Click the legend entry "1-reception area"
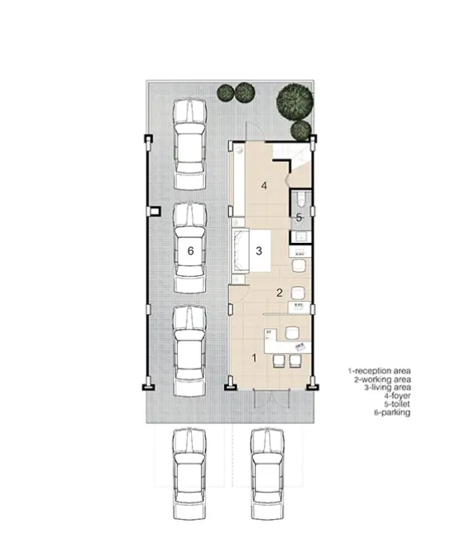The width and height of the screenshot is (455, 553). click(x=379, y=371)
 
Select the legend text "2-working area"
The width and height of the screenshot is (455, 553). click(x=382, y=379)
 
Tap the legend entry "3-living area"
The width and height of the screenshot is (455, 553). click(x=387, y=388)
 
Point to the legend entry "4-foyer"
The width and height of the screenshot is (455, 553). click(x=397, y=396)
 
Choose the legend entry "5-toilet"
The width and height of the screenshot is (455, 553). click(x=397, y=404)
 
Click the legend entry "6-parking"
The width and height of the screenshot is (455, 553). click(x=392, y=412)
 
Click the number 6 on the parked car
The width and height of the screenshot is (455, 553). click(x=190, y=251)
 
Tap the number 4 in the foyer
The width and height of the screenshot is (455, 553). click(x=264, y=185)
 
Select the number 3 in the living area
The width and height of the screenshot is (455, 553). click(x=259, y=251)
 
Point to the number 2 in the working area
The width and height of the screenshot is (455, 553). click(x=280, y=293)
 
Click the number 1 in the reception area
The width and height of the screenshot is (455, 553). click(x=254, y=358)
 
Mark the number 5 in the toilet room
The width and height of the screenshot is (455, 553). click(x=299, y=217)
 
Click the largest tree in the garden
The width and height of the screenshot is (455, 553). click(x=295, y=100)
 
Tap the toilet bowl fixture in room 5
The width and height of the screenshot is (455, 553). click(x=301, y=200)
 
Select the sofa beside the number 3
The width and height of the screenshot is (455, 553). click(x=241, y=250)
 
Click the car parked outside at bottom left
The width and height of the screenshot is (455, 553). click(x=189, y=474)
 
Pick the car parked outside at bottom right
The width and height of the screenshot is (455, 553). click(x=267, y=474)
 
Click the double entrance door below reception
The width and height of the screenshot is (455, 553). click(x=271, y=398)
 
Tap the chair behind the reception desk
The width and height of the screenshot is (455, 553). click(x=292, y=332)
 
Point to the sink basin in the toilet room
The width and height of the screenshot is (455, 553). click(x=301, y=236)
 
